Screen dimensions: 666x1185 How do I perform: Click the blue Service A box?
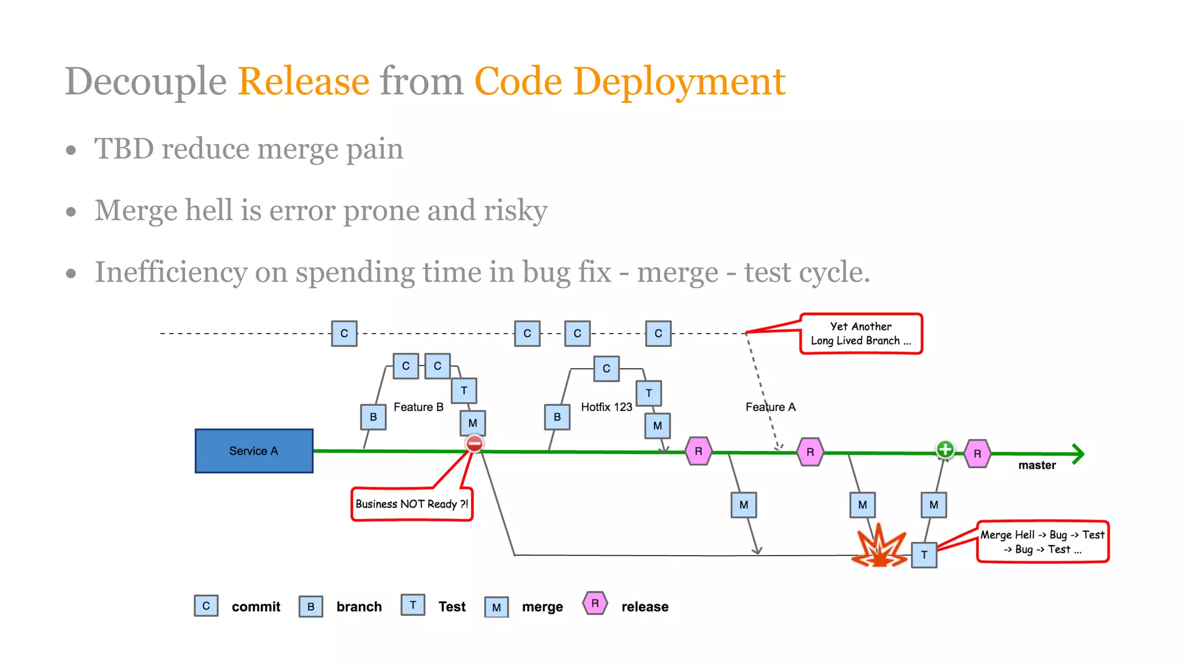coord(253,451)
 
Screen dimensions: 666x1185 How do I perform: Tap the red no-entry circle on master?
coord(474,444)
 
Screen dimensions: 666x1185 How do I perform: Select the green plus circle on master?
coord(945,449)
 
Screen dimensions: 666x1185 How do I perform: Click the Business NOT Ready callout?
coord(411,504)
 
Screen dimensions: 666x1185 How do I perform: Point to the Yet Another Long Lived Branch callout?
coord(861,334)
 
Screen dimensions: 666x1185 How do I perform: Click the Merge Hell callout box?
coord(1043,542)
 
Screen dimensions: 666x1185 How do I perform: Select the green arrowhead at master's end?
coord(1077,454)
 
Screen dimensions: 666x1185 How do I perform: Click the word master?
coord(1037,465)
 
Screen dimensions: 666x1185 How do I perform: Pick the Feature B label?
coord(418,407)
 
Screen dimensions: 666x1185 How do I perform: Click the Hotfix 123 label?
coord(606,407)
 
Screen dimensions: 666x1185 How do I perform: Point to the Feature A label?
coord(770,407)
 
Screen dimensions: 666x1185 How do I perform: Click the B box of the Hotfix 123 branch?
coord(557,417)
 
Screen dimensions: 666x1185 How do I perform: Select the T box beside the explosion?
coord(924,555)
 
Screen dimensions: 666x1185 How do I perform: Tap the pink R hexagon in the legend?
coord(595,603)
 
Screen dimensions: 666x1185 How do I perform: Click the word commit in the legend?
coord(256,607)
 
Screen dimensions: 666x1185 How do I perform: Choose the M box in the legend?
coord(496,607)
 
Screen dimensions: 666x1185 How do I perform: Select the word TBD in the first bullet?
coord(124,149)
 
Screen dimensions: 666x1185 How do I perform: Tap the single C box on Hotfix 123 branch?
coord(606,368)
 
